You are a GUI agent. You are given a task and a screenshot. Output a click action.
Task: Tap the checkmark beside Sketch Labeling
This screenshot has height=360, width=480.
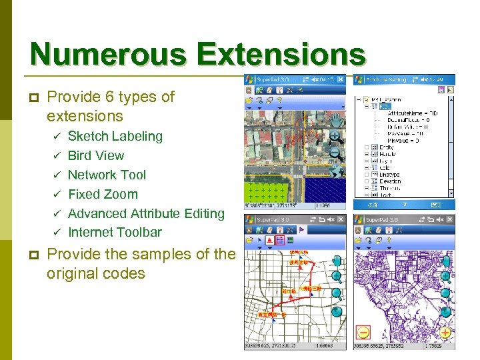[57, 137]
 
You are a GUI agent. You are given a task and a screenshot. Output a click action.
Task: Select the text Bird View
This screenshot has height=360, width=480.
[96, 155]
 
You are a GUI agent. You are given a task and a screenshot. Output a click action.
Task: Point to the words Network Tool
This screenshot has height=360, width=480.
[107, 175]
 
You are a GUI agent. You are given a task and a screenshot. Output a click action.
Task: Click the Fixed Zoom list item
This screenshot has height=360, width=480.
[103, 194]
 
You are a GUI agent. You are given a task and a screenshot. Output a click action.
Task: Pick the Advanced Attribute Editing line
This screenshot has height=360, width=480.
[146, 213]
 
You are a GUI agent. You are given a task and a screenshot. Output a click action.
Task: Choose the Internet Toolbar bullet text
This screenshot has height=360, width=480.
[115, 232]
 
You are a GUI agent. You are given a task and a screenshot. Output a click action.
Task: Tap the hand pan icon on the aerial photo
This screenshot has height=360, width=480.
[335, 120]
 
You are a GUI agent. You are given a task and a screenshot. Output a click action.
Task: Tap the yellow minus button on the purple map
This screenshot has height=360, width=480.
[363, 331]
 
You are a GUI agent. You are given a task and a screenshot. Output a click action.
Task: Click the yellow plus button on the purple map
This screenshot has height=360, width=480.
[444, 331]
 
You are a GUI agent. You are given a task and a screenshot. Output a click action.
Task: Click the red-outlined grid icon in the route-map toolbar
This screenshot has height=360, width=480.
[281, 239]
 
